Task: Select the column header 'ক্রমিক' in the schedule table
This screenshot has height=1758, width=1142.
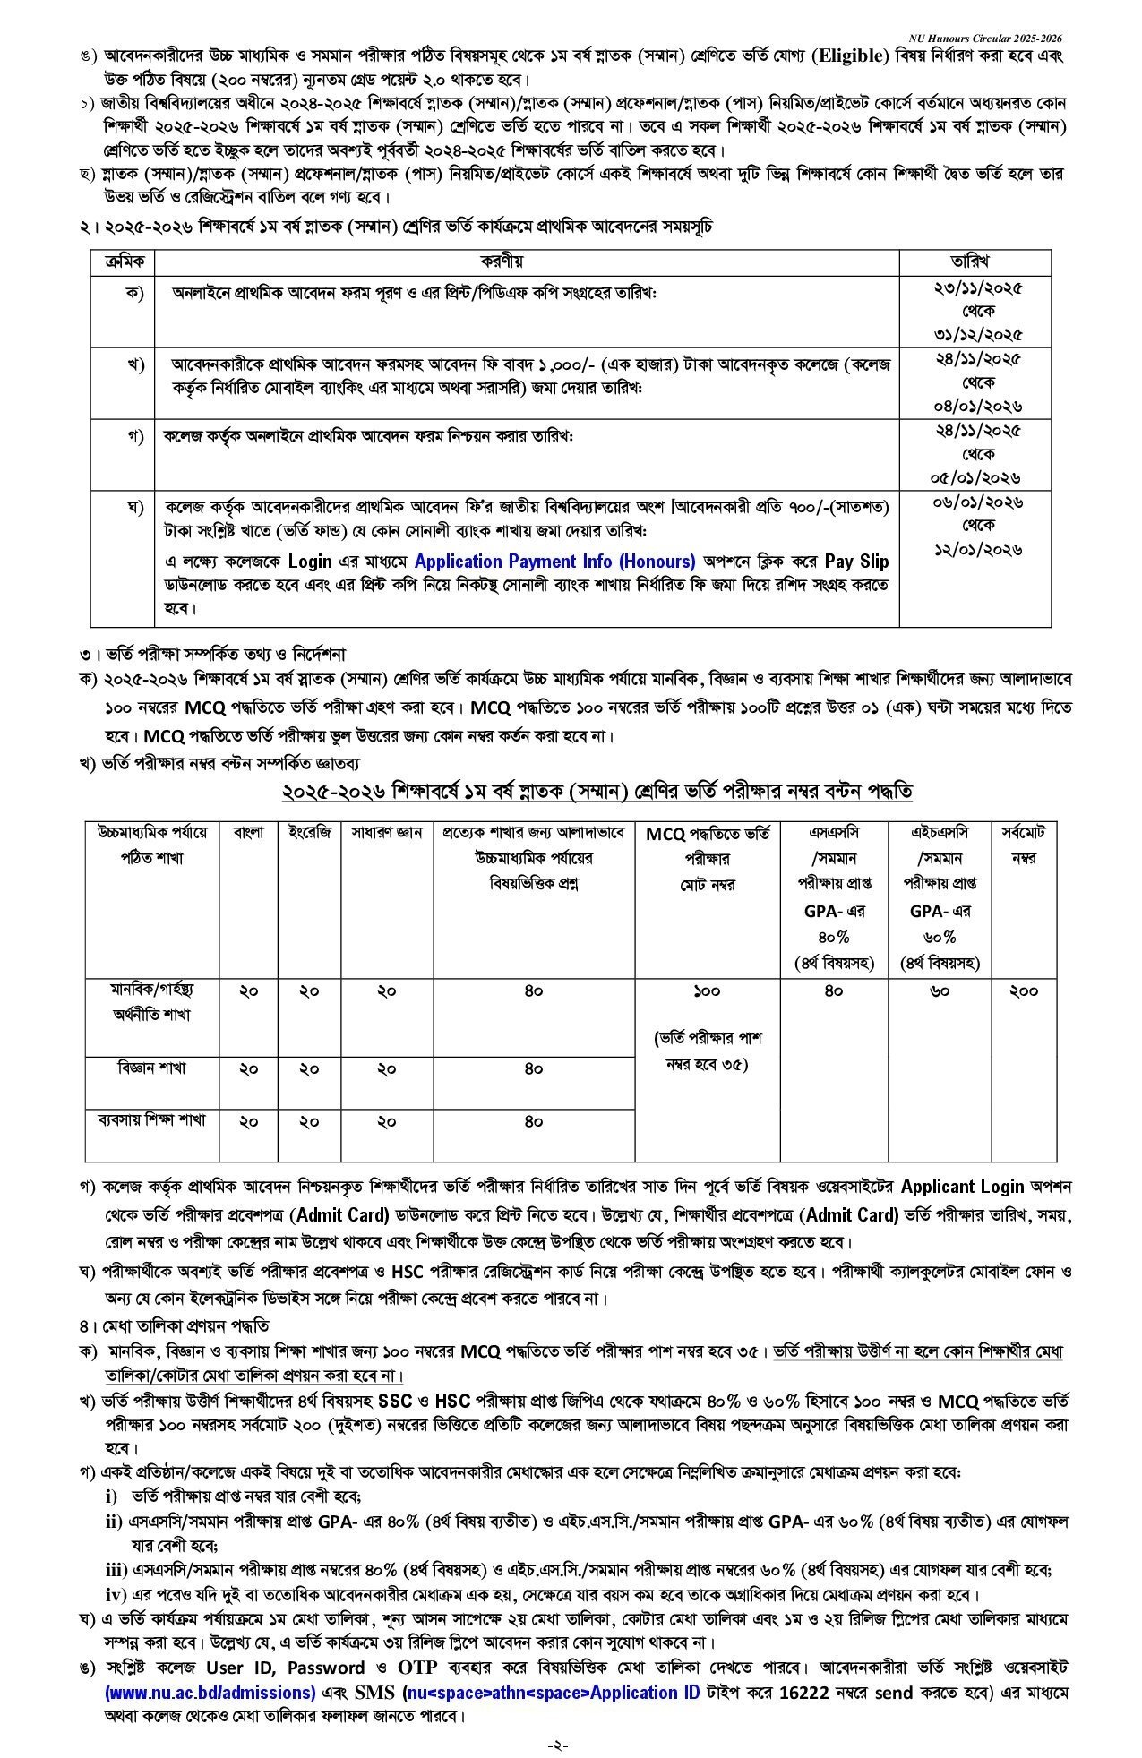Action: click(124, 261)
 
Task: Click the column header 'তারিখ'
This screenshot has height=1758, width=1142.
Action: click(975, 261)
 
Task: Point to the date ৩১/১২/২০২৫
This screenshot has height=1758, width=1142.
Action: click(975, 334)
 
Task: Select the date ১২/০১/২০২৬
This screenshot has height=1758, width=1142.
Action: click(975, 549)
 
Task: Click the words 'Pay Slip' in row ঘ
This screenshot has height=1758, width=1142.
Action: click(856, 562)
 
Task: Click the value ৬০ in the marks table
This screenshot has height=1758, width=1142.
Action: click(940, 990)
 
